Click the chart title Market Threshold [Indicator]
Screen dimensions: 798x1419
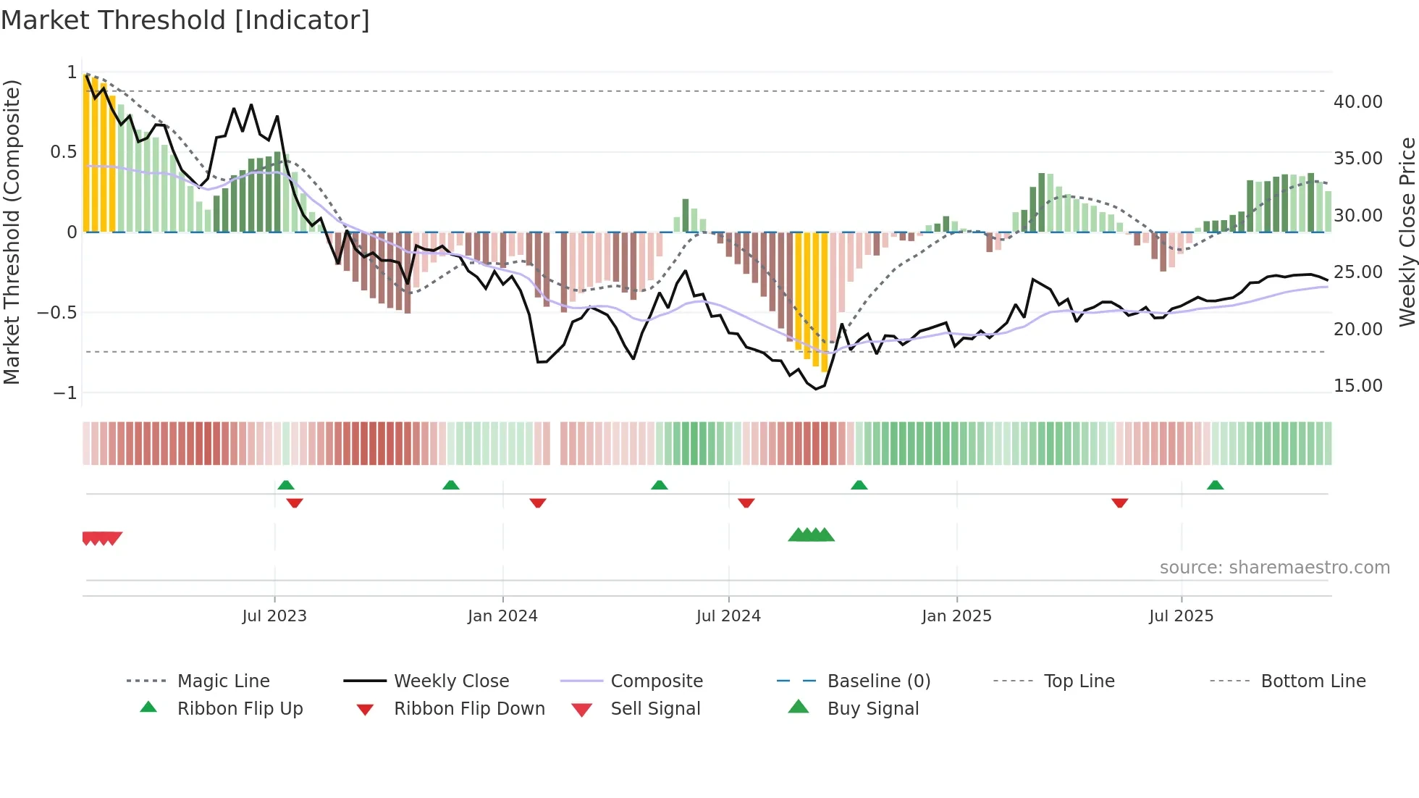[x=185, y=20]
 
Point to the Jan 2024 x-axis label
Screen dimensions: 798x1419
[x=502, y=616]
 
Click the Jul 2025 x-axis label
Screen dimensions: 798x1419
[x=1181, y=616]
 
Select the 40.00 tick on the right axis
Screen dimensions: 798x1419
[x=1357, y=102]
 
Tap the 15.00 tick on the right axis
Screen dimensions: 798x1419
[x=1357, y=386]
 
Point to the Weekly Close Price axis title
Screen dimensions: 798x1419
[x=1407, y=232]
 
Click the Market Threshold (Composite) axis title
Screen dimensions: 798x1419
[x=12, y=232]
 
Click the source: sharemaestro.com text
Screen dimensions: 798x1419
[x=1274, y=567]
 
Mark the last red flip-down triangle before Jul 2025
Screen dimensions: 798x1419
[x=1119, y=503]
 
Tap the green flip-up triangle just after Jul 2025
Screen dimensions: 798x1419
[x=1215, y=484]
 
